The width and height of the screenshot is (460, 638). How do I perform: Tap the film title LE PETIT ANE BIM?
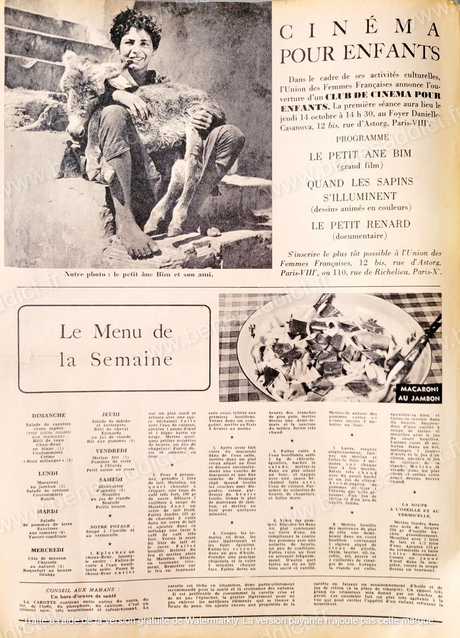point(360,156)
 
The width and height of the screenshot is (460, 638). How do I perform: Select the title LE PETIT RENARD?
point(361,224)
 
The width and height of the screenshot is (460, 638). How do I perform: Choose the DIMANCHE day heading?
point(48,415)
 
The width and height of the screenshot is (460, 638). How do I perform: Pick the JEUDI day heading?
point(111,414)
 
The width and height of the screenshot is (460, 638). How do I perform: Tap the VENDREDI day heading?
point(111,450)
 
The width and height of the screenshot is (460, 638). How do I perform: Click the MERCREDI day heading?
point(47,550)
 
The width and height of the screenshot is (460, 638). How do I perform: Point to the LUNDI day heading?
point(48,473)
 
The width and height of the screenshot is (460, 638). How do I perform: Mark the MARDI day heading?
point(48,511)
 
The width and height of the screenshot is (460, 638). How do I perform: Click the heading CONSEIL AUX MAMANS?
point(82,590)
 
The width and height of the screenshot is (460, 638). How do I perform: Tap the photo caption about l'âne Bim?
point(138,274)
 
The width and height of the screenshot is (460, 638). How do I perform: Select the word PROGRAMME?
point(360,137)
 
